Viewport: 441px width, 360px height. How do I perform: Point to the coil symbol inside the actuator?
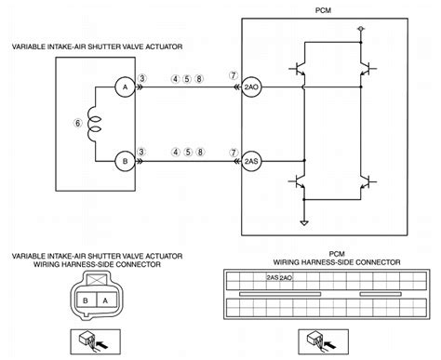point(93,123)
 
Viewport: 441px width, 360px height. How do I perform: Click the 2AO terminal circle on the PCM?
point(251,88)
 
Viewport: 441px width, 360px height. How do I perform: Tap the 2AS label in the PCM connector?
point(271,277)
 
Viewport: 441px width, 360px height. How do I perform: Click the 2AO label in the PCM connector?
point(284,277)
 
